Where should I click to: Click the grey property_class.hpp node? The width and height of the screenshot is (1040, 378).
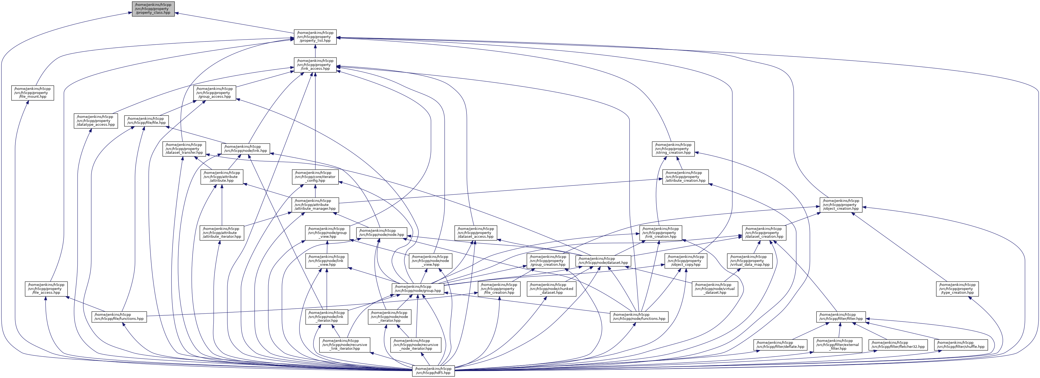pyautogui.click(x=153, y=8)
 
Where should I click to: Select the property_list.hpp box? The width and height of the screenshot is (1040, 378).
pyautogui.click(x=315, y=37)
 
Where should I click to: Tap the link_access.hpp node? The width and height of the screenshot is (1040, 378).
pyautogui.click(x=315, y=65)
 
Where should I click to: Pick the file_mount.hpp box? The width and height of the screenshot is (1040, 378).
pyautogui.click(x=33, y=93)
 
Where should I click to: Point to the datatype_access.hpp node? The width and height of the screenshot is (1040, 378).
pyautogui.click(x=96, y=121)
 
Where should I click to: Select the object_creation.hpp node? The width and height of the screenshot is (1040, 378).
pyautogui.click(x=841, y=205)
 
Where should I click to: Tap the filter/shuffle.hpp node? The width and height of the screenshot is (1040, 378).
pyautogui.click(x=961, y=345)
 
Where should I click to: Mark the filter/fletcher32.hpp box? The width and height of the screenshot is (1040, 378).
pyautogui.click(x=898, y=345)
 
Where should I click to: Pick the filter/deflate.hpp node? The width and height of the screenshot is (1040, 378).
pyautogui.click(x=780, y=345)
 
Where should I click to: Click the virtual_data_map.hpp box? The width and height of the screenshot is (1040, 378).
pyautogui.click(x=750, y=261)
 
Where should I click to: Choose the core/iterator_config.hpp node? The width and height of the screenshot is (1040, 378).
pyautogui.click(x=315, y=177)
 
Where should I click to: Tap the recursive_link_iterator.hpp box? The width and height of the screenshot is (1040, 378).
pyautogui.click(x=345, y=345)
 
